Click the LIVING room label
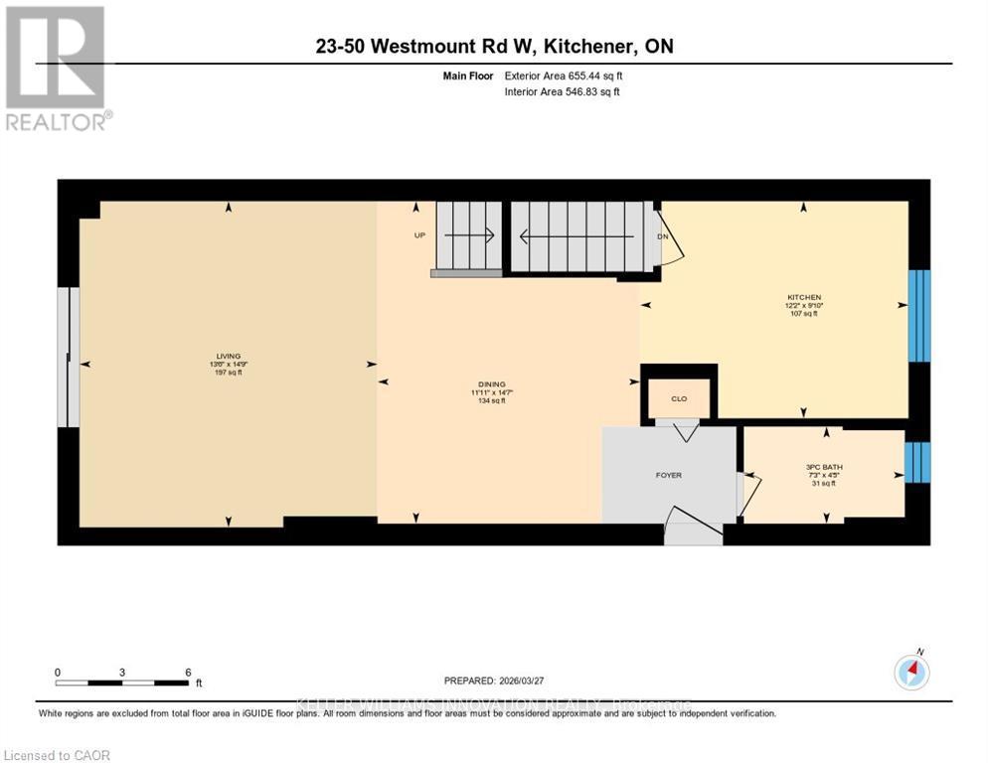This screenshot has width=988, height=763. click(229, 356)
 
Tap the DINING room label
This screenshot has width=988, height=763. click(491, 383)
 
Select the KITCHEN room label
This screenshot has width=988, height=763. click(803, 297)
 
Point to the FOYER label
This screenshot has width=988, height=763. click(668, 475)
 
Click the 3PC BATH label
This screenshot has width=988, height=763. click(820, 466)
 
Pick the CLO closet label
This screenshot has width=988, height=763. click(679, 398)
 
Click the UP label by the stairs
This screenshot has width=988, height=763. click(419, 236)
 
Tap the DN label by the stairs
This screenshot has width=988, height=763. click(662, 236)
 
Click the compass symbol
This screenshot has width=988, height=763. click(911, 672)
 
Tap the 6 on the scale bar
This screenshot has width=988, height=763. click(188, 672)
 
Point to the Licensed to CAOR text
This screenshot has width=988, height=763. click(56, 755)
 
